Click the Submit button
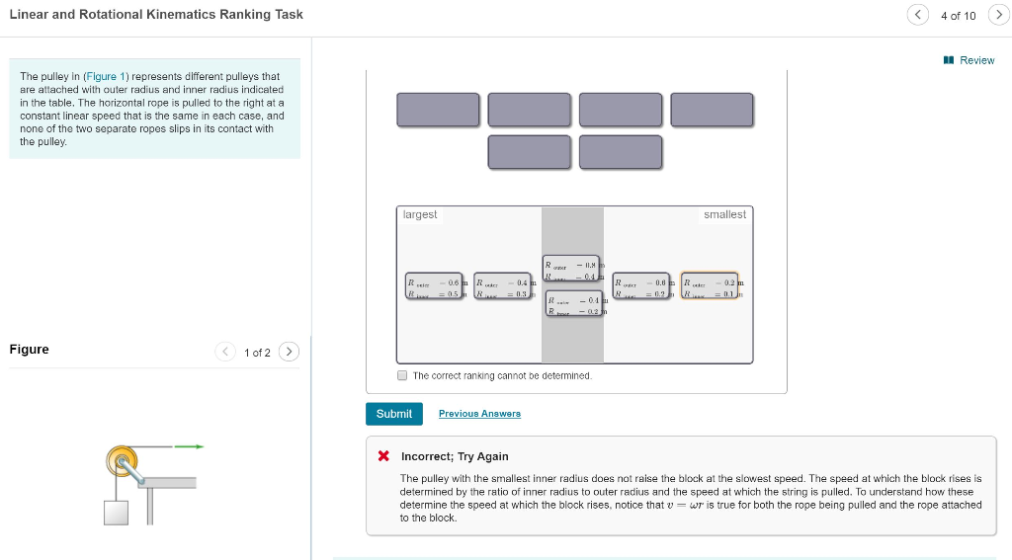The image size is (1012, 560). pyautogui.click(x=393, y=414)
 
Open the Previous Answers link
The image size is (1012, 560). pyautogui.click(x=479, y=414)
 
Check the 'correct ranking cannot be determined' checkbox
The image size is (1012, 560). pyautogui.click(x=402, y=375)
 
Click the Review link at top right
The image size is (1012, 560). pyautogui.click(x=970, y=60)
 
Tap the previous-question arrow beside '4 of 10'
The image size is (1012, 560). pyautogui.click(x=918, y=15)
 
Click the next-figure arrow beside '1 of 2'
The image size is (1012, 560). pyautogui.click(x=289, y=352)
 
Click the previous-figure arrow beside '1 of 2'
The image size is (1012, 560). pyautogui.click(x=226, y=352)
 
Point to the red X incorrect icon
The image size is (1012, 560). pyautogui.click(x=383, y=456)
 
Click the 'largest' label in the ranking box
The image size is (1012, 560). pyautogui.click(x=420, y=214)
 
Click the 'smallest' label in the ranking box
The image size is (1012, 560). pyautogui.click(x=724, y=214)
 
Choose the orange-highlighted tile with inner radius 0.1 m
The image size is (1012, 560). pyautogui.click(x=710, y=286)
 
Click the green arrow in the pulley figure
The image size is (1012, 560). pyautogui.click(x=189, y=446)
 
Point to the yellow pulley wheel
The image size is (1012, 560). pyautogui.click(x=122, y=459)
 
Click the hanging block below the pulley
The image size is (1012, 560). pyautogui.click(x=117, y=512)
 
